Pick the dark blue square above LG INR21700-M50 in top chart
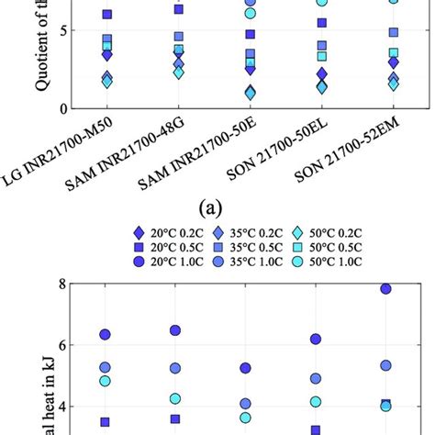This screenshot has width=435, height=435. [x=107, y=16]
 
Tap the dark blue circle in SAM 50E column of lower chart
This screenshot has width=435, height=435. [x=245, y=368]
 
